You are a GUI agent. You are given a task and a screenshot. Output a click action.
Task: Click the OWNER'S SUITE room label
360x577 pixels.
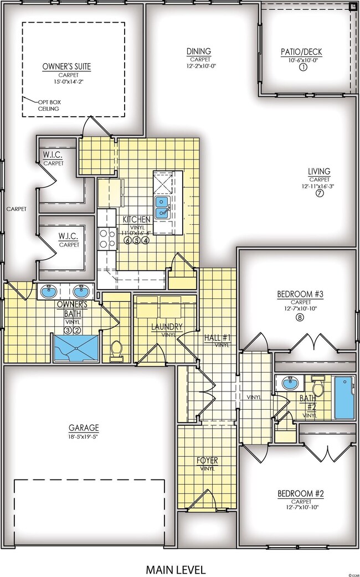click(x=66, y=66)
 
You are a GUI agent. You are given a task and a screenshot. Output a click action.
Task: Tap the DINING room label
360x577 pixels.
click(x=199, y=51)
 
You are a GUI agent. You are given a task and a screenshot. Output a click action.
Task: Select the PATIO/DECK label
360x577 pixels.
click(x=301, y=53)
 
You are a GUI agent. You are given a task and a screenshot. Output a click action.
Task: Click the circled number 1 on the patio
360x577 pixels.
click(x=302, y=68)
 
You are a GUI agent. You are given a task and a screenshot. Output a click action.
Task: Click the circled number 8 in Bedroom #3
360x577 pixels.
click(x=300, y=317)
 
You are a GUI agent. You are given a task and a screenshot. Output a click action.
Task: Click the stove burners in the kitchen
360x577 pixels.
click(x=106, y=239)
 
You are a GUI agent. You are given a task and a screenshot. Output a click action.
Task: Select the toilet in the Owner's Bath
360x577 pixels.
click(x=116, y=351)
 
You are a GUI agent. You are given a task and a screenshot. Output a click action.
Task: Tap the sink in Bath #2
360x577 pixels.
click(x=289, y=383)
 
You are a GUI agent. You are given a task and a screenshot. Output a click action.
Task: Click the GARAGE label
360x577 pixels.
click(x=84, y=427)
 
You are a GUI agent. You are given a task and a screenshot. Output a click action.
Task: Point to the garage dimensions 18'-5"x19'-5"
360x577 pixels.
click(x=84, y=436)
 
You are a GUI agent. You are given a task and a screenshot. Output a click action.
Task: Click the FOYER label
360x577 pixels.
click(x=207, y=460)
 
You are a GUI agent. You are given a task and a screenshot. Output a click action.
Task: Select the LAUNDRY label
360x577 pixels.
click(x=166, y=327)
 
